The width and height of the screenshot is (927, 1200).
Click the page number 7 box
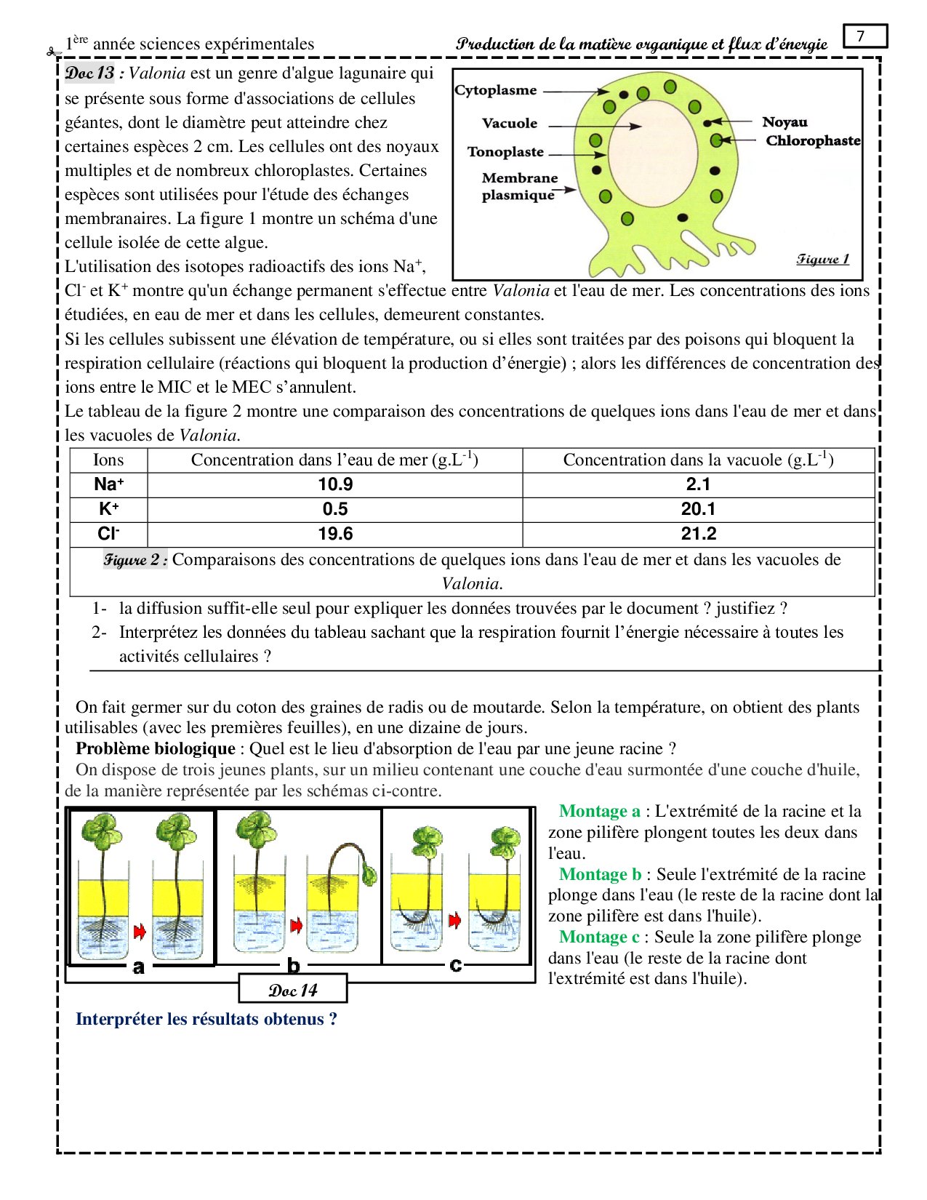pos(865,36)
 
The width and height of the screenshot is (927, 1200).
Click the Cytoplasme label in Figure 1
pos(496,90)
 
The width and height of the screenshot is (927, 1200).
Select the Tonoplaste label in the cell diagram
pos(505,152)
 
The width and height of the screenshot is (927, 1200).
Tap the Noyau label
pos(784,122)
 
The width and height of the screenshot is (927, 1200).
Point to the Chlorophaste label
pos(813,140)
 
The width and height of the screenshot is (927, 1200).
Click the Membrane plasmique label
pos(519,186)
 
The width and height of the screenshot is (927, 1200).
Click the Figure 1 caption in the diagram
pos(822,259)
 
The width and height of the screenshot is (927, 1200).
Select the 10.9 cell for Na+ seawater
pos(335,485)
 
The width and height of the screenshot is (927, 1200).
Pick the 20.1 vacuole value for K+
pos(698,509)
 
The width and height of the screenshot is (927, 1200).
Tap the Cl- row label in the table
pos(108,534)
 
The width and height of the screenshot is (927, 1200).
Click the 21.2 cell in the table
pos(698,534)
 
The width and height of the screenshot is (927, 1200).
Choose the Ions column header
pos(108,460)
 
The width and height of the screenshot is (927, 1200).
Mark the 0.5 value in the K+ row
pos(335,509)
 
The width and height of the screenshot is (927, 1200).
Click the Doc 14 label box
pos(293,990)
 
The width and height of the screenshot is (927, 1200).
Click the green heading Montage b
pos(600,874)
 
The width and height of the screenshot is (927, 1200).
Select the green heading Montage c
pos(599,937)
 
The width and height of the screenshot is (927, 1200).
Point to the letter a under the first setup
pos(139,967)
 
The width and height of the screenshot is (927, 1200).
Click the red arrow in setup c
pos(455,921)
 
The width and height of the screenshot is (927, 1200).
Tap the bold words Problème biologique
pos(155,749)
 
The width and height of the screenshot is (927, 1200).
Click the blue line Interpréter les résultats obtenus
pos(206,1019)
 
